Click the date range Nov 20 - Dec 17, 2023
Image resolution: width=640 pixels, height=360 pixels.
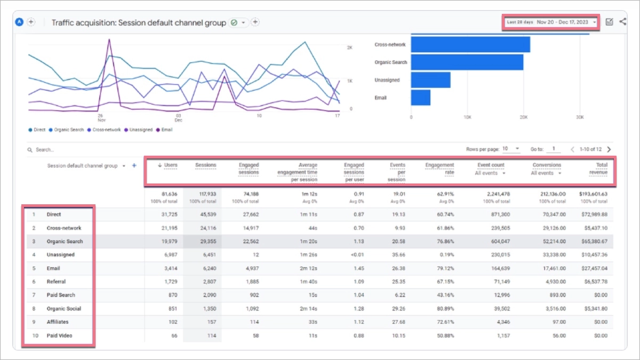[563, 22]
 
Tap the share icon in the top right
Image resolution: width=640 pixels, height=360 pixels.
[622, 22]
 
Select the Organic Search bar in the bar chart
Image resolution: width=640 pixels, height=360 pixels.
[467, 62]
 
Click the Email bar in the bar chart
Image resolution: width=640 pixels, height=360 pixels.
[420, 98]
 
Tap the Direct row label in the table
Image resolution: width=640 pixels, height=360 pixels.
[54, 214]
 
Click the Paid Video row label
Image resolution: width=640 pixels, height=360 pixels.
[59, 335]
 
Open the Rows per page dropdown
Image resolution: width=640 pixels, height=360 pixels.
[511, 149]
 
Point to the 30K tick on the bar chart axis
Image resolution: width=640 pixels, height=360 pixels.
[580, 117]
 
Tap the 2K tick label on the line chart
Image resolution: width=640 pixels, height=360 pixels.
[350, 47]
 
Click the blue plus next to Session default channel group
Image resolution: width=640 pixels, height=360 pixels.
[134, 166]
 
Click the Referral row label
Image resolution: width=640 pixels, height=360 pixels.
[56, 282]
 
